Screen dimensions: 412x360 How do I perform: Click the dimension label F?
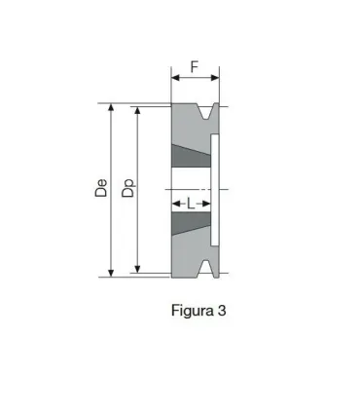[195, 68]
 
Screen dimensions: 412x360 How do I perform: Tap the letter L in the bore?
[191, 204]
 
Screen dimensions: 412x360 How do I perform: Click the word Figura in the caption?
[192, 312]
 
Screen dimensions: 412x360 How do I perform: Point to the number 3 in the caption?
[222, 312]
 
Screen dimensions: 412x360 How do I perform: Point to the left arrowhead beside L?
[176, 205]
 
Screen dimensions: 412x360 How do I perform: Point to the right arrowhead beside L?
[205, 205]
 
